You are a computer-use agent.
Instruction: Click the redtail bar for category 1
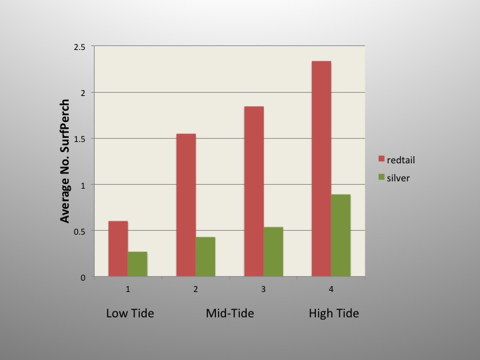click(118, 249)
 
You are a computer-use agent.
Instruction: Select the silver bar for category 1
click(137, 264)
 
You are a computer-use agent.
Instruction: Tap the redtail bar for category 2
click(186, 205)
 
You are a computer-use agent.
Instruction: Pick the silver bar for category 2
click(205, 257)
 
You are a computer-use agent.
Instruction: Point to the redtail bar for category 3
click(254, 191)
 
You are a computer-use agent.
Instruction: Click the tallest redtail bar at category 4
click(321, 169)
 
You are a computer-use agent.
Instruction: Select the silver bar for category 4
click(341, 235)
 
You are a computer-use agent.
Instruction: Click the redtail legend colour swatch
click(382, 159)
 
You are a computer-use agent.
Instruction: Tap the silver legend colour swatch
click(382, 177)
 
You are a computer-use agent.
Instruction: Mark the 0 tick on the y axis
click(84, 277)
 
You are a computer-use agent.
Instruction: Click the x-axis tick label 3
click(263, 289)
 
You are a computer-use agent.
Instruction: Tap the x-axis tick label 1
click(127, 289)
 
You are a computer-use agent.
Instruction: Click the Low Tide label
click(130, 313)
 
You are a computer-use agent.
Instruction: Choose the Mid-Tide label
click(230, 313)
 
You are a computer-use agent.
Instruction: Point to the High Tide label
click(333, 313)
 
